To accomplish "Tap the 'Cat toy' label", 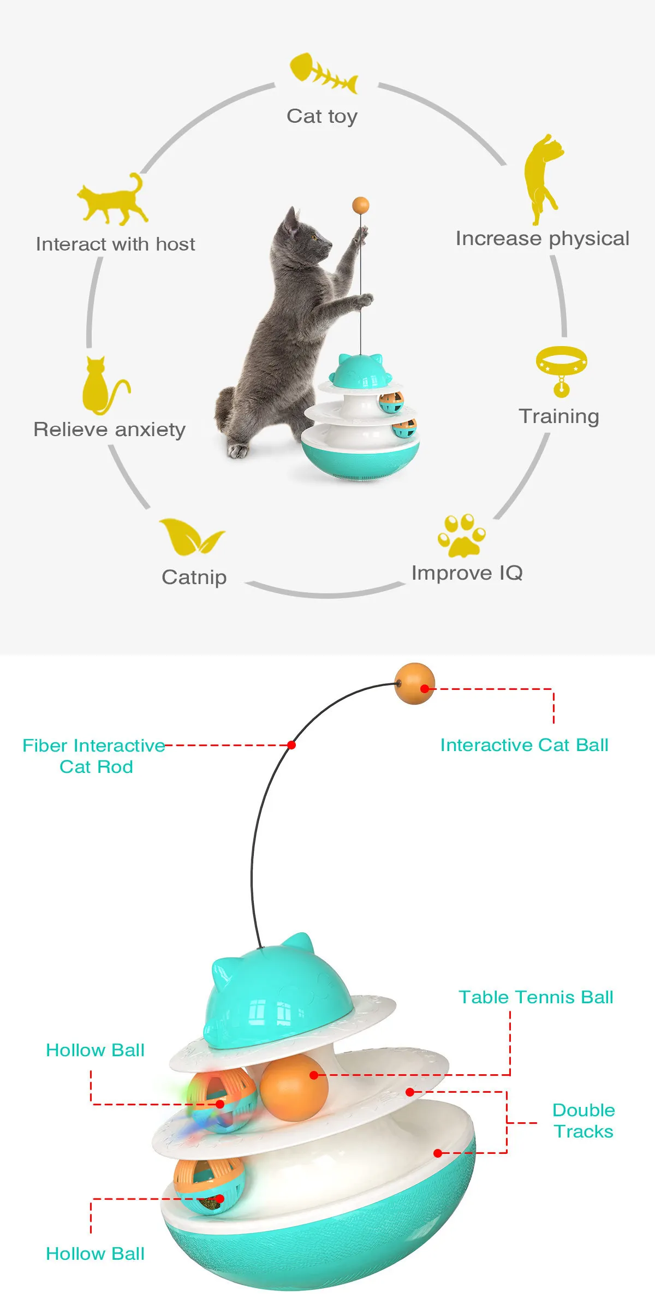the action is point(322,116).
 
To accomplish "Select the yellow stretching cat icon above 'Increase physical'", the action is point(542,179).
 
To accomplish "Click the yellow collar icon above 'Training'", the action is point(561,369).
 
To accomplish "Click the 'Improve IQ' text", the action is point(467,573).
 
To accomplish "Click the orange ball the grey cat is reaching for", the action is point(361,206).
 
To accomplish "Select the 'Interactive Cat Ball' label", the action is point(524,745).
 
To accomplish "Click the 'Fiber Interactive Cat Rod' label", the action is point(94,756).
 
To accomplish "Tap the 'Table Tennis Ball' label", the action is point(536,997).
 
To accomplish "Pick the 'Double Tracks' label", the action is point(583,1121).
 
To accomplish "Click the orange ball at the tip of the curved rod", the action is point(414,683).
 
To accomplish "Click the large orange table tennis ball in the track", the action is point(294,1088).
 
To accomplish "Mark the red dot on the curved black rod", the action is point(291,745).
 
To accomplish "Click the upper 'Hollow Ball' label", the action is point(96,1050).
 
